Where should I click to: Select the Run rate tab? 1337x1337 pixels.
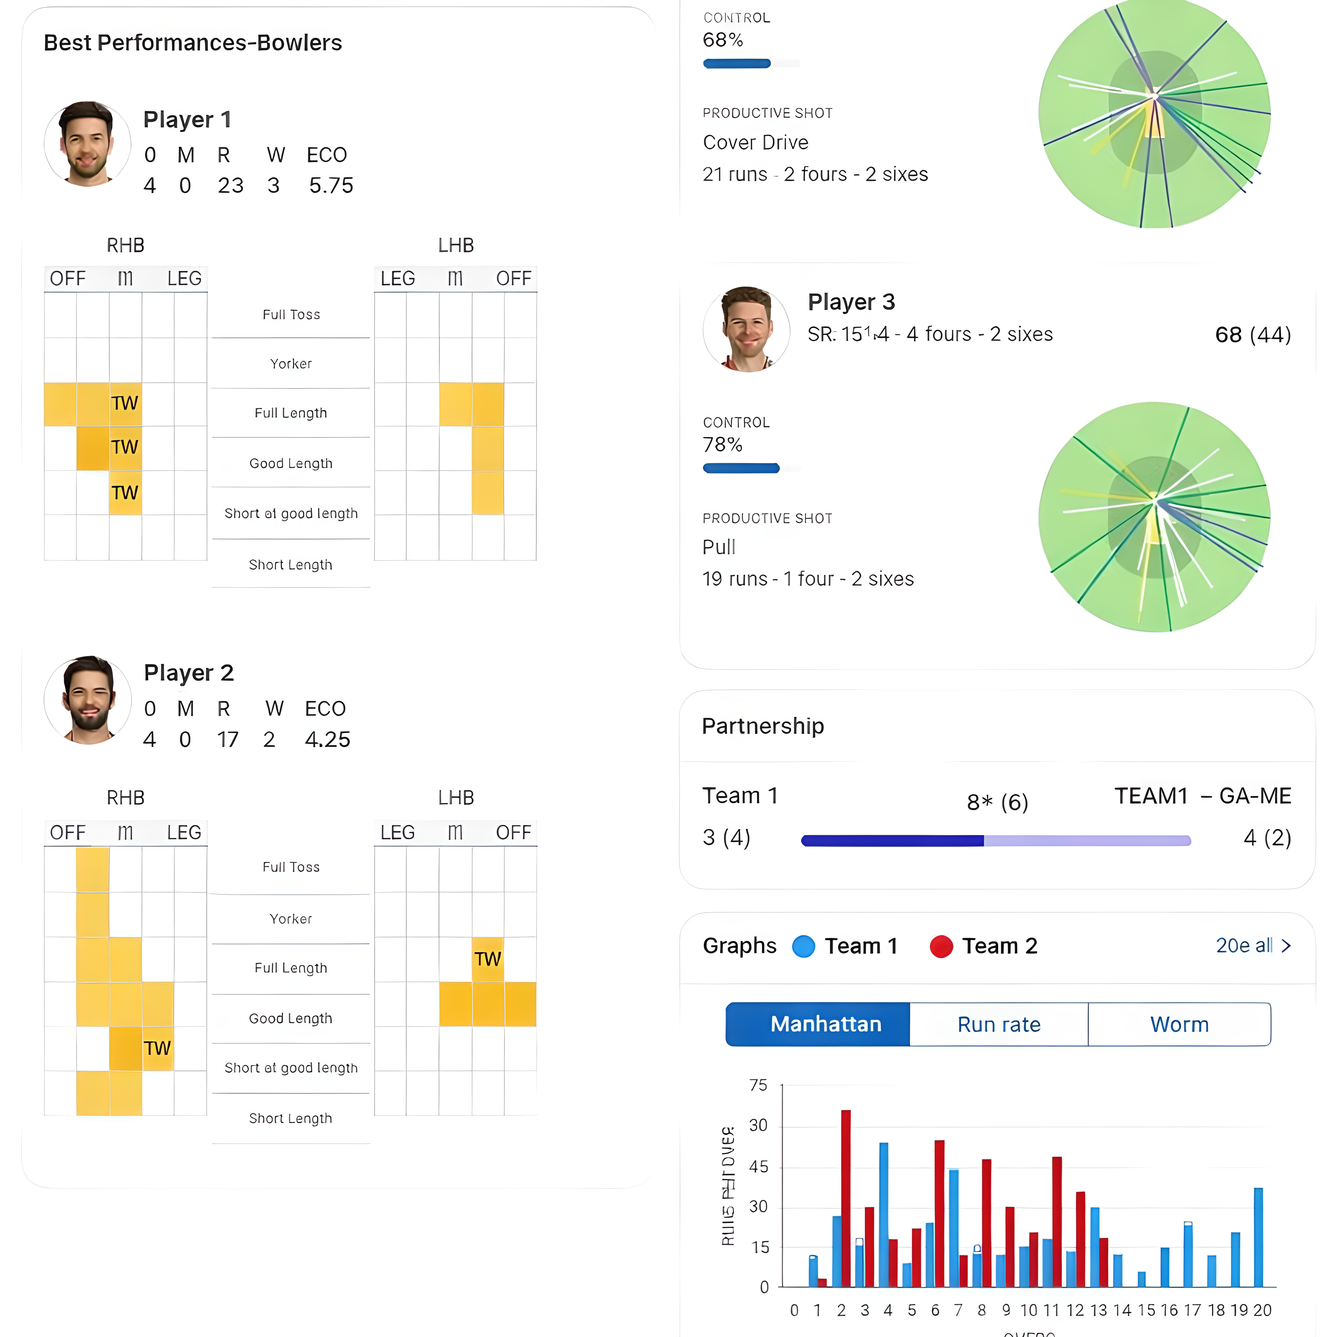[999, 1024]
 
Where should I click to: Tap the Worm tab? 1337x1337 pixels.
[1179, 1024]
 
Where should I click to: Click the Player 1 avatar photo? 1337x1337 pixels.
[87, 144]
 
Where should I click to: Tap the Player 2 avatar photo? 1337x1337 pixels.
[87, 700]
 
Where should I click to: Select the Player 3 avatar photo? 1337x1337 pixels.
[746, 329]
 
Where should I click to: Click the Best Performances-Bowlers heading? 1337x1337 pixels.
[192, 43]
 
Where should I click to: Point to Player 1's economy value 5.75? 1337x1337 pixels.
[331, 185]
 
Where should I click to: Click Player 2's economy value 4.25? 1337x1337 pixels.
[327, 739]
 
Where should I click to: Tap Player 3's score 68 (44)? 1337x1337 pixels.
[1252, 335]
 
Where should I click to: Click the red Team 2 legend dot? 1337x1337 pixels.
[941, 946]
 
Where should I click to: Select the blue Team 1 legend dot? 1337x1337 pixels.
[803, 946]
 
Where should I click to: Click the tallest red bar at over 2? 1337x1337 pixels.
[846, 1197]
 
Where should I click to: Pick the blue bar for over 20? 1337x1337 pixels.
[1258, 1237]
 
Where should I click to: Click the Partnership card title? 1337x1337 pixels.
[763, 726]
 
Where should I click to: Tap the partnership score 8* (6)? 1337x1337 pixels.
[997, 802]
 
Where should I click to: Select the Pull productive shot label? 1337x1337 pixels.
[719, 547]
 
